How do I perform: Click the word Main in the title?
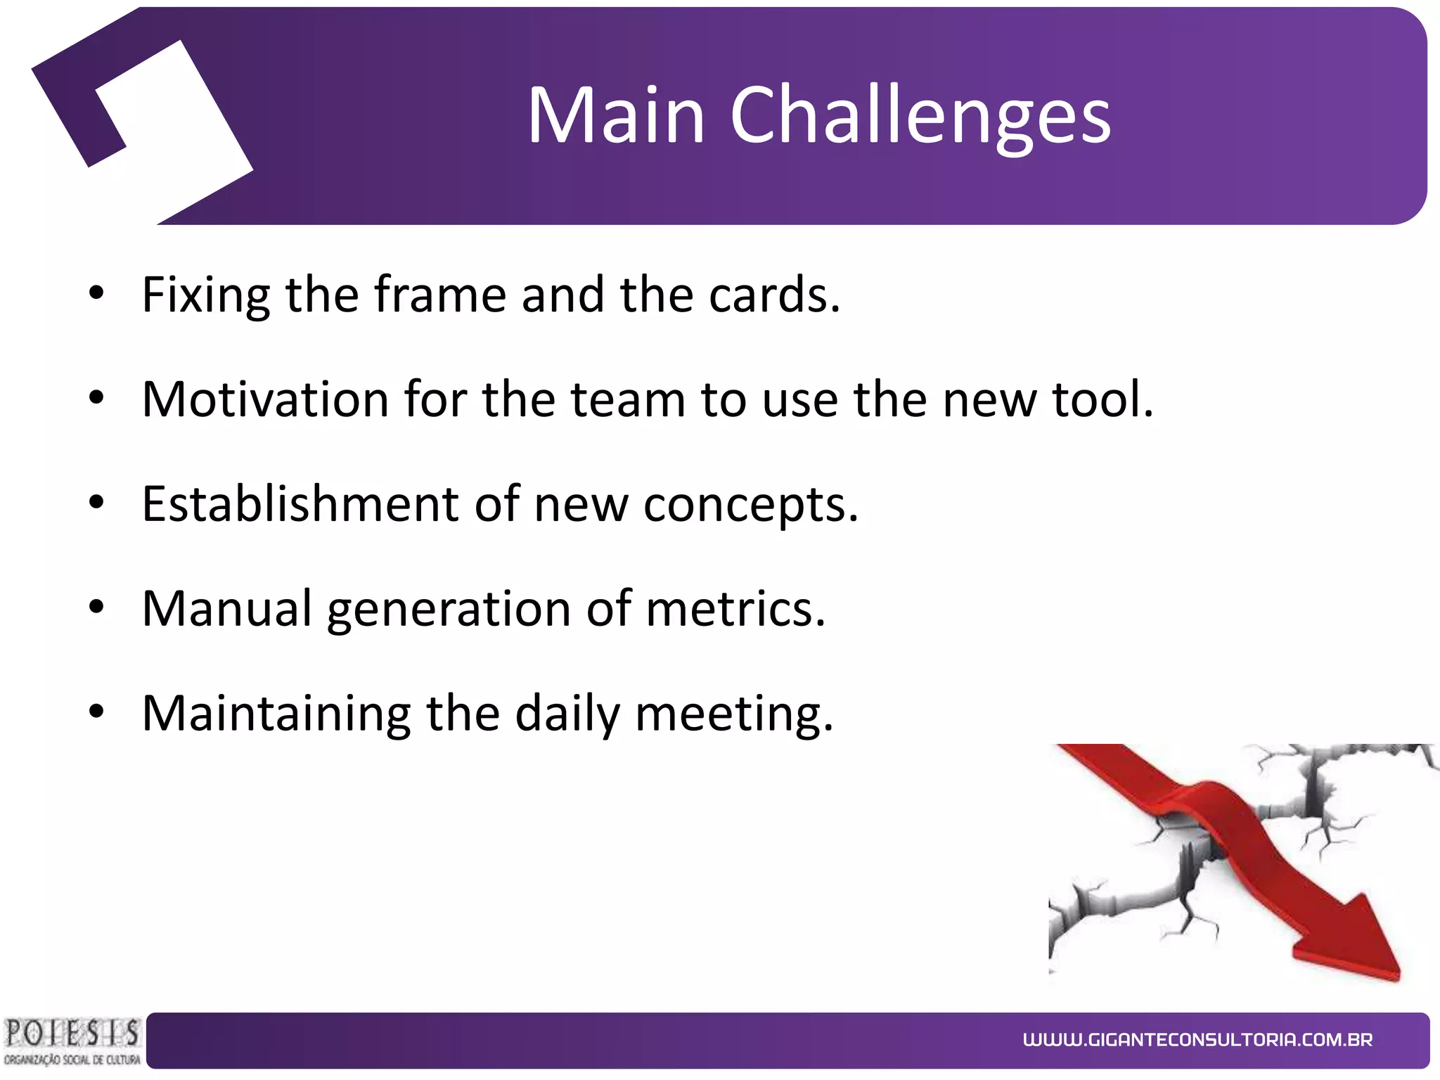(616, 116)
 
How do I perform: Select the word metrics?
(735, 609)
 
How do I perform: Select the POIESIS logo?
(72, 1041)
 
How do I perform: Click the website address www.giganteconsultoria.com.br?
(1197, 1040)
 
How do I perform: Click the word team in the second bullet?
(627, 400)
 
